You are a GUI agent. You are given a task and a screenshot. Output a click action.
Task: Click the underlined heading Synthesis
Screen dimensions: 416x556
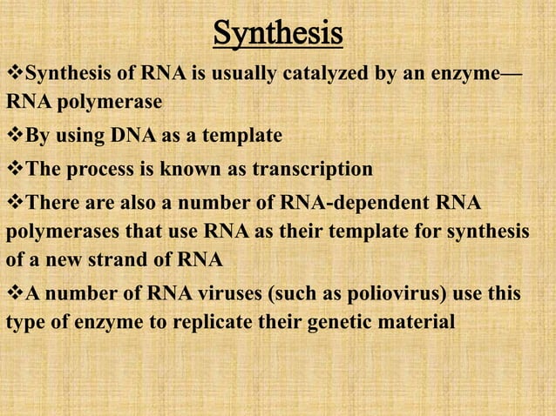277,35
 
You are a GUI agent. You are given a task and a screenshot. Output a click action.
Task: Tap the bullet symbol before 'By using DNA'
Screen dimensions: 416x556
14,136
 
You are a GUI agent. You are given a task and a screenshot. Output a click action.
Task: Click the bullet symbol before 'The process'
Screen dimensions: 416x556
14,168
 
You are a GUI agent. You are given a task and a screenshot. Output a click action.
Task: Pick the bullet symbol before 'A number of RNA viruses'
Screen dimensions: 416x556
14,294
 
